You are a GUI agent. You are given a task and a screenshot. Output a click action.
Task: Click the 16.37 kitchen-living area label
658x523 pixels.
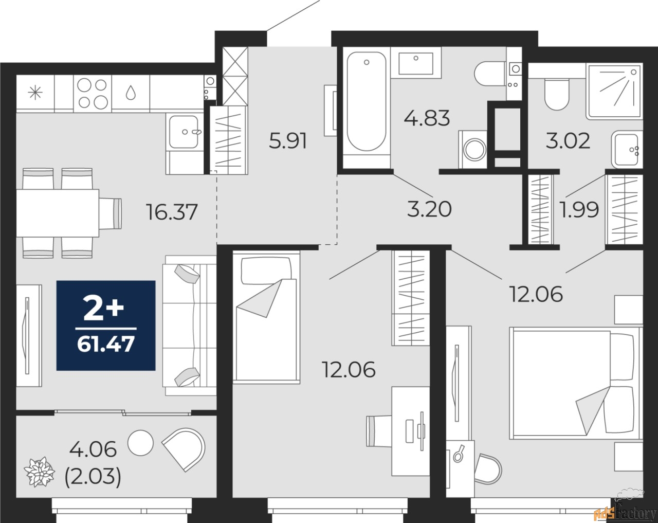172,211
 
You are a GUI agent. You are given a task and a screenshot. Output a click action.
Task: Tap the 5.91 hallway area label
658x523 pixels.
288,140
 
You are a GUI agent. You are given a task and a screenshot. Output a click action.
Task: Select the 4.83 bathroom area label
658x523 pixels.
427,118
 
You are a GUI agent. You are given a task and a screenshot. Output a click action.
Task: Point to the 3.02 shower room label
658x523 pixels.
568,140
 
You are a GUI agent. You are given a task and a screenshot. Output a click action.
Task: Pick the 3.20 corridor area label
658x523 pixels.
429,209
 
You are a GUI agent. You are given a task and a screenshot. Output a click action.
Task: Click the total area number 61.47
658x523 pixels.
106,344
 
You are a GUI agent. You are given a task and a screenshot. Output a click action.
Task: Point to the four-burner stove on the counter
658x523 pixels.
93,93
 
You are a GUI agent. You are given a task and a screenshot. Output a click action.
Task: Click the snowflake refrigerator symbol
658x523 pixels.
35,93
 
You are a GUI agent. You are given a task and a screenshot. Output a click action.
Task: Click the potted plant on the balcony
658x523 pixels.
40,470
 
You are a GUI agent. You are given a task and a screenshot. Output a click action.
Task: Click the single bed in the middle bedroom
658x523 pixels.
265,316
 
